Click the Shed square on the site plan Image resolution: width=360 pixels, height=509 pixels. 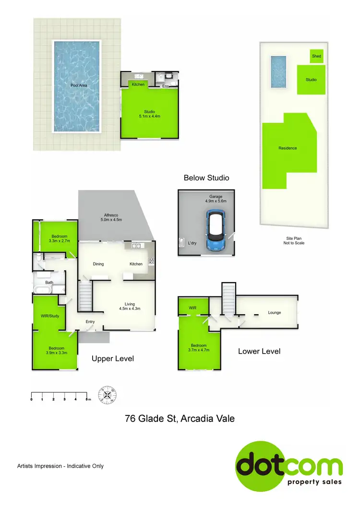(x=316, y=56)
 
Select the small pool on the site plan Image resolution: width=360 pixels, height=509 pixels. (x=278, y=72)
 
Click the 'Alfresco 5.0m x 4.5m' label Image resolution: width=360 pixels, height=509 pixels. (x=112, y=218)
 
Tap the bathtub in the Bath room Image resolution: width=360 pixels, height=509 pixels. (x=41, y=289)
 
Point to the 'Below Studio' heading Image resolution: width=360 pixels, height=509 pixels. (x=206, y=178)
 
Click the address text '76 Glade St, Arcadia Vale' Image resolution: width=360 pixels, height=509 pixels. (x=180, y=418)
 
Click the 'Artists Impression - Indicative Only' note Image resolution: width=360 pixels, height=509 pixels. (x=60, y=466)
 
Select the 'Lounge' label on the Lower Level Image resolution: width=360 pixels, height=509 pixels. (x=274, y=313)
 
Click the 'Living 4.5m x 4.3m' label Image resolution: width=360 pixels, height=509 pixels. (x=130, y=307)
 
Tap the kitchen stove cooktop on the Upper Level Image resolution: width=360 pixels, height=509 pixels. (x=151, y=261)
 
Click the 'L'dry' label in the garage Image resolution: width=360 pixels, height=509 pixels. (x=192, y=243)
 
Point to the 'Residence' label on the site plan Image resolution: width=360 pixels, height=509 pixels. (x=288, y=148)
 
